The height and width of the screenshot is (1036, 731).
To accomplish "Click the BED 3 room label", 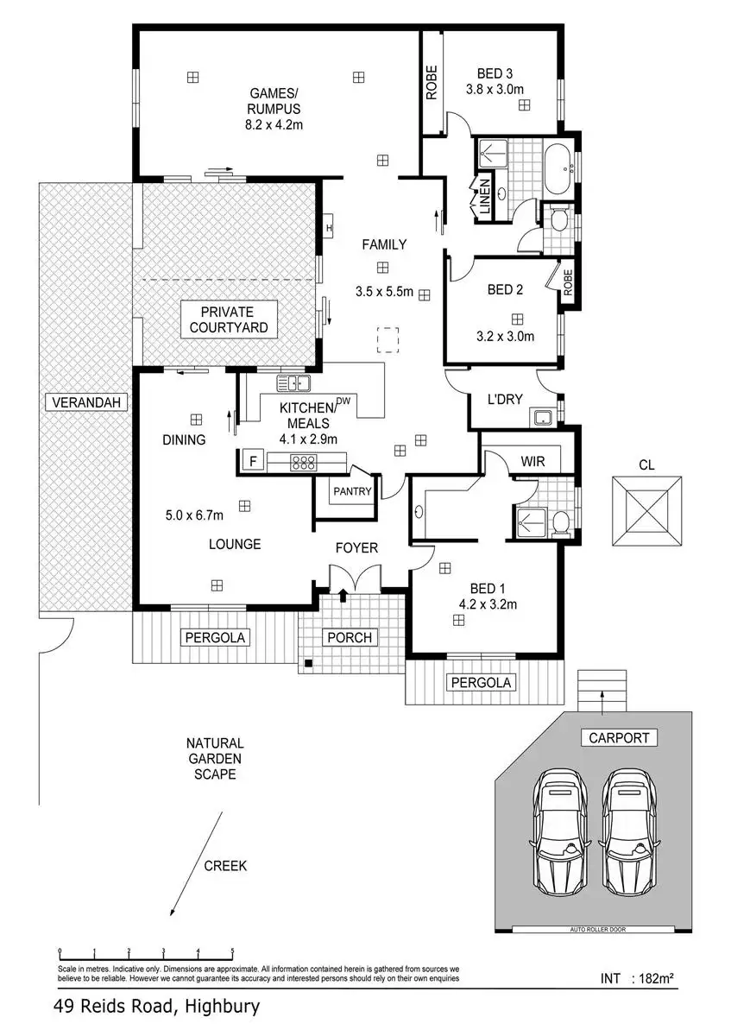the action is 495,73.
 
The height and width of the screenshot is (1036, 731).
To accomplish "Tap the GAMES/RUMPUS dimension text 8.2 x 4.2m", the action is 274,124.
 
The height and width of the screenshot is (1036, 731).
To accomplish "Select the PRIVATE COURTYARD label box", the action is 229,319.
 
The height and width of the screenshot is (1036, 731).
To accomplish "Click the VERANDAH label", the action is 86,402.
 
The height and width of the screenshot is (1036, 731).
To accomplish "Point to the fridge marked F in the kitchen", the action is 253,461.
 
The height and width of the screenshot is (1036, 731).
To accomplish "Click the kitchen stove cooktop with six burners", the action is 303,462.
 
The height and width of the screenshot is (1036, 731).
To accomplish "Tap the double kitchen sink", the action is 293,383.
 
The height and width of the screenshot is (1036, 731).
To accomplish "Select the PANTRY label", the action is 352,491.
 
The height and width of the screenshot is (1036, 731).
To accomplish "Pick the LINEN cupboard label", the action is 484,197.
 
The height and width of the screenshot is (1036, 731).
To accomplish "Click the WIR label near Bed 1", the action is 532,461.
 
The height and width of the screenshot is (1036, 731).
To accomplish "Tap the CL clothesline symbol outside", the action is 646,510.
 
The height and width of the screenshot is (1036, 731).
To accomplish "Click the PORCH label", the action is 350,637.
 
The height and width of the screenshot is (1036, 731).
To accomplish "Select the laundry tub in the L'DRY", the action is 546,417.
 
